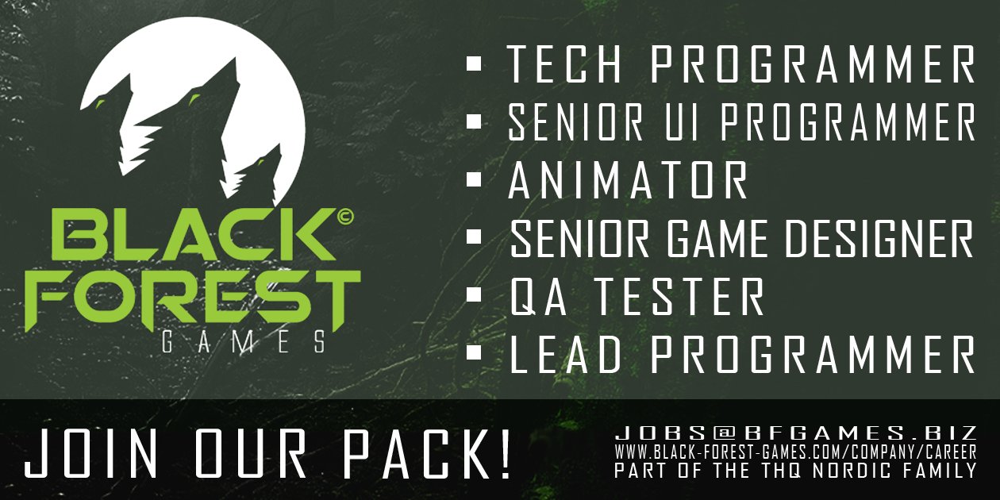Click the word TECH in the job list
point(566,63)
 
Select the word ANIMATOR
point(628,180)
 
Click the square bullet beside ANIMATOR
point(474,179)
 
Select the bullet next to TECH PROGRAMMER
point(474,63)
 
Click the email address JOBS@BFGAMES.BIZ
point(796,433)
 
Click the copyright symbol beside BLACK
point(346,217)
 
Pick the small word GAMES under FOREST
point(244,342)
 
